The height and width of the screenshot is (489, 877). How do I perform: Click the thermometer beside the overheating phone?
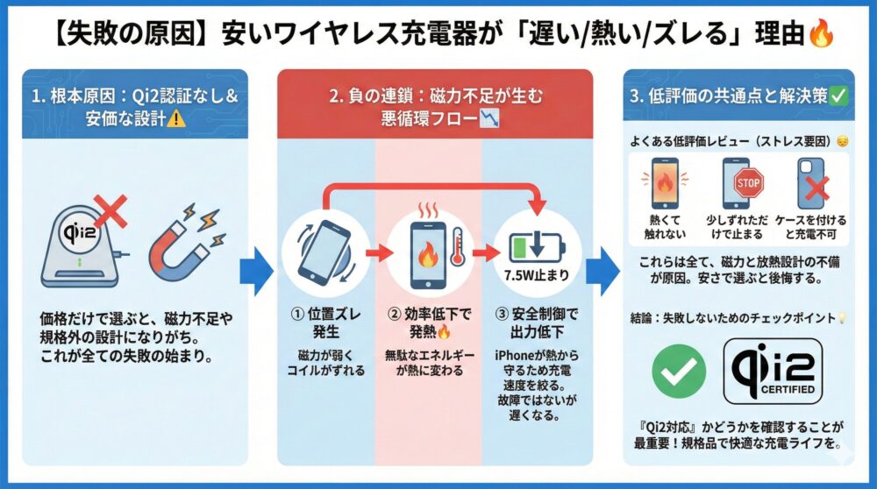pyautogui.click(x=456, y=247)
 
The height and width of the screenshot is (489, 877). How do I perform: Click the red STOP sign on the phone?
pyautogui.click(x=748, y=183)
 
